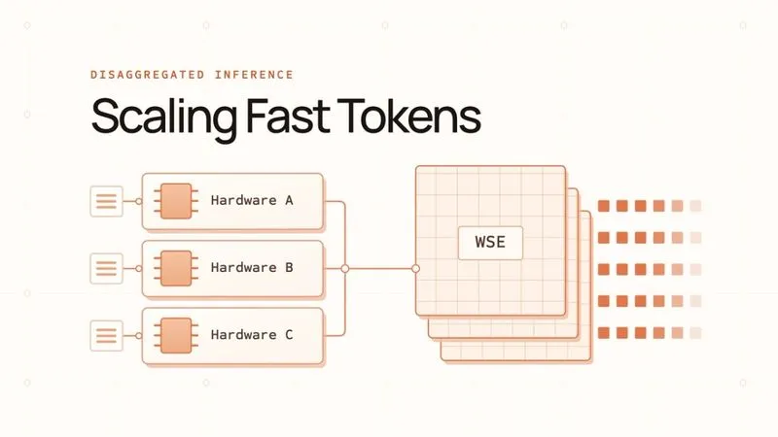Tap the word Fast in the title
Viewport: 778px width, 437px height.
coord(288,116)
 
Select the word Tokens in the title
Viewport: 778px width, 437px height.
coord(408,116)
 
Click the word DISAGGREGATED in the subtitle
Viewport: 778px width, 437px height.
coord(148,75)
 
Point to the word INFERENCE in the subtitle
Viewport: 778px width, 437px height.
coord(254,75)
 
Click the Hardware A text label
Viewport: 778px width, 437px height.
coord(252,200)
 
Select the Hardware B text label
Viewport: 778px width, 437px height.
coord(252,268)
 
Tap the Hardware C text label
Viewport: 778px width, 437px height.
coord(252,335)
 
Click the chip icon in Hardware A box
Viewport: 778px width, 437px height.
coord(176,201)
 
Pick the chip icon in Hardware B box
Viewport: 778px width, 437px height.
coord(176,269)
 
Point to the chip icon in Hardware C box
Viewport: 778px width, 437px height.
coord(176,335)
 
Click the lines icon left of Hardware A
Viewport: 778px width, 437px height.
coord(106,201)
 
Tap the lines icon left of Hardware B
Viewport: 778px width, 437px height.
coord(106,269)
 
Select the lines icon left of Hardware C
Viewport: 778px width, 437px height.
coord(106,335)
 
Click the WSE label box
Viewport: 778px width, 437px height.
coord(490,243)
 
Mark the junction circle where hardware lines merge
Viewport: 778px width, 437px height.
coord(345,269)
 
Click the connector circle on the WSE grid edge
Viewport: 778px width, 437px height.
coord(416,269)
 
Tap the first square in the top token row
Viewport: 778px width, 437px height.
coord(604,206)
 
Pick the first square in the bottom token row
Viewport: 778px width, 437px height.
coord(604,333)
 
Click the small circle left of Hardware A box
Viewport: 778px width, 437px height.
coord(139,201)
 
